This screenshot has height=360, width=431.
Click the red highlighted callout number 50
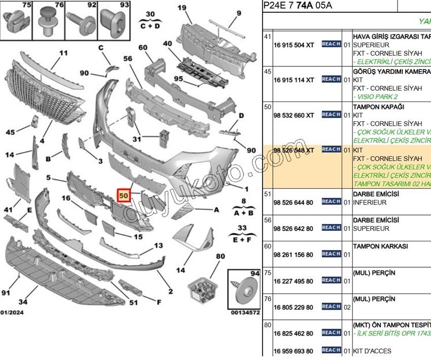[124, 195]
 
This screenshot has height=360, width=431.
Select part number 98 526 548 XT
[294, 150]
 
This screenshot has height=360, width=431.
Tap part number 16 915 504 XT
[294, 45]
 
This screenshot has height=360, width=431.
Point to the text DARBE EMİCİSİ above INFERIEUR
[376, 194]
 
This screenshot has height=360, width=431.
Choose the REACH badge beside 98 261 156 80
[331, 254]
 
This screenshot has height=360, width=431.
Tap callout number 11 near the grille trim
[63, 53]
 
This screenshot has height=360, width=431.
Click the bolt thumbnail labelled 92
[81, 22]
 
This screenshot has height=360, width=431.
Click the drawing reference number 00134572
[245, 313]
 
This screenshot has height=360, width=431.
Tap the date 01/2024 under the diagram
[12, 313]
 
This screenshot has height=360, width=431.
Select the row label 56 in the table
[267, 221]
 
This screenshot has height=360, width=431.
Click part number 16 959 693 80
[294, 351]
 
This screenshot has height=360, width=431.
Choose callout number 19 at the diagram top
[182, 7]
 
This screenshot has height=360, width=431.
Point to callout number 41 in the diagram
[9, 209]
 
